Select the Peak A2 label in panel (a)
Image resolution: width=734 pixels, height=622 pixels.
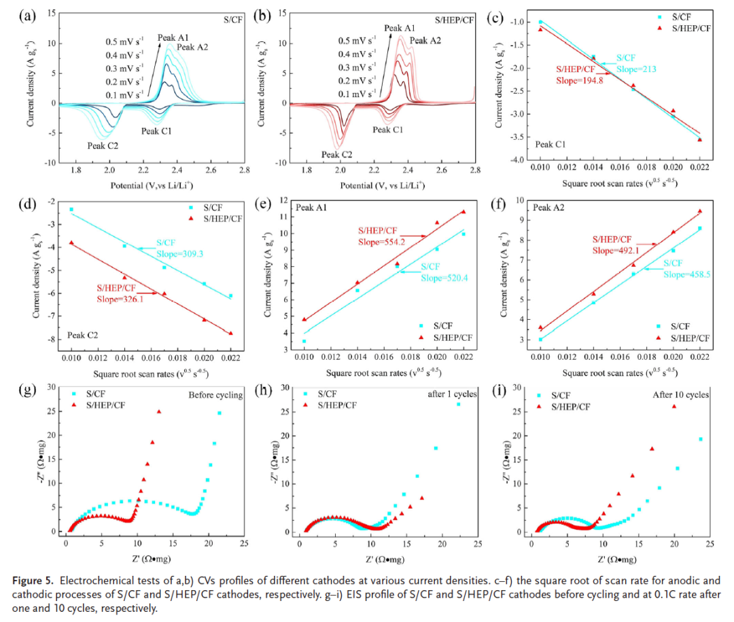192,48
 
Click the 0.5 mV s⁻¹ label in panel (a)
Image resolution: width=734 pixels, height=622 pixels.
124,40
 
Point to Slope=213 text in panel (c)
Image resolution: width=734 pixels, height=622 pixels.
635,69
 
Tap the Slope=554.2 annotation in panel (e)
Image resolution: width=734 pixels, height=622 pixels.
380,240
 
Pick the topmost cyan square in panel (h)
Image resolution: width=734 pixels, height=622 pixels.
458,404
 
